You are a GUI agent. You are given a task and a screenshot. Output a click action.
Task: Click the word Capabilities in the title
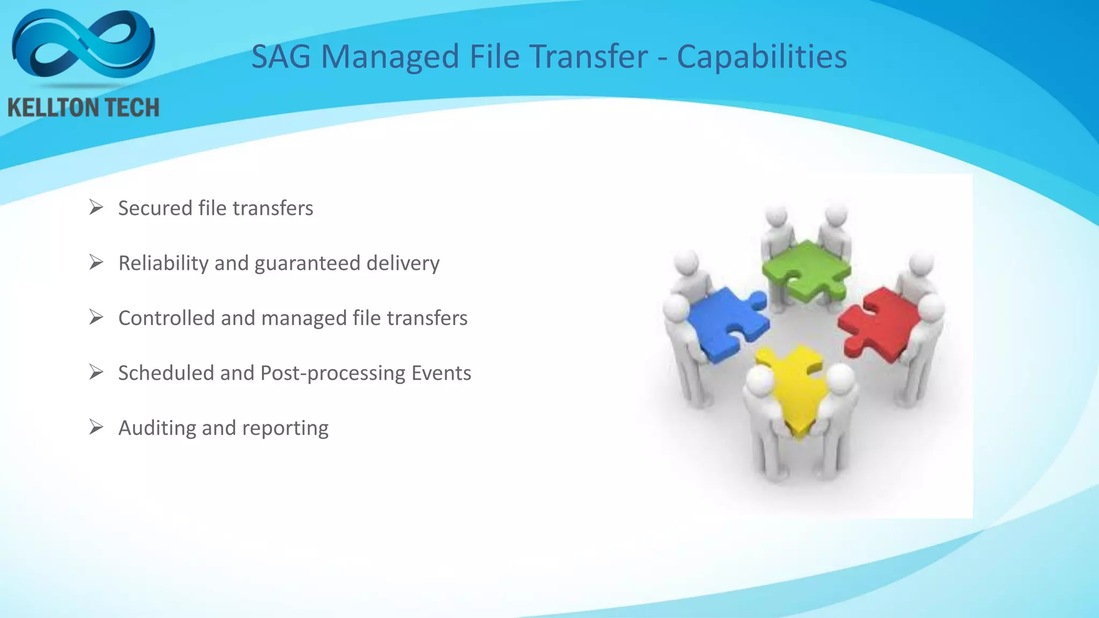tap(761, 56)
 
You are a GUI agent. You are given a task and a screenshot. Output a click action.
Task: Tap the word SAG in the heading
tap(281, 56)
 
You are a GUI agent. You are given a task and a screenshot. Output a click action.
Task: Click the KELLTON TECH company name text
tap(84, 108)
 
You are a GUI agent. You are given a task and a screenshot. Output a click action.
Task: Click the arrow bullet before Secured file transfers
tap(96, 208)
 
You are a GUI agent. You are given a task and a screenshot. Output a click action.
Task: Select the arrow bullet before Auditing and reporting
tap(96, 428)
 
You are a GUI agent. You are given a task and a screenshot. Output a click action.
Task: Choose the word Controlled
tap(166, 318)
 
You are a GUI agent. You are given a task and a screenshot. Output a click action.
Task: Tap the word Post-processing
tap(333, 373)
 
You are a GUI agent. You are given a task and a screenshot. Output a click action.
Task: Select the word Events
tap(441, 373)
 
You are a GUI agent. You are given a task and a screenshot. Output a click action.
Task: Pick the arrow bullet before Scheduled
tap(96, 372)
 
